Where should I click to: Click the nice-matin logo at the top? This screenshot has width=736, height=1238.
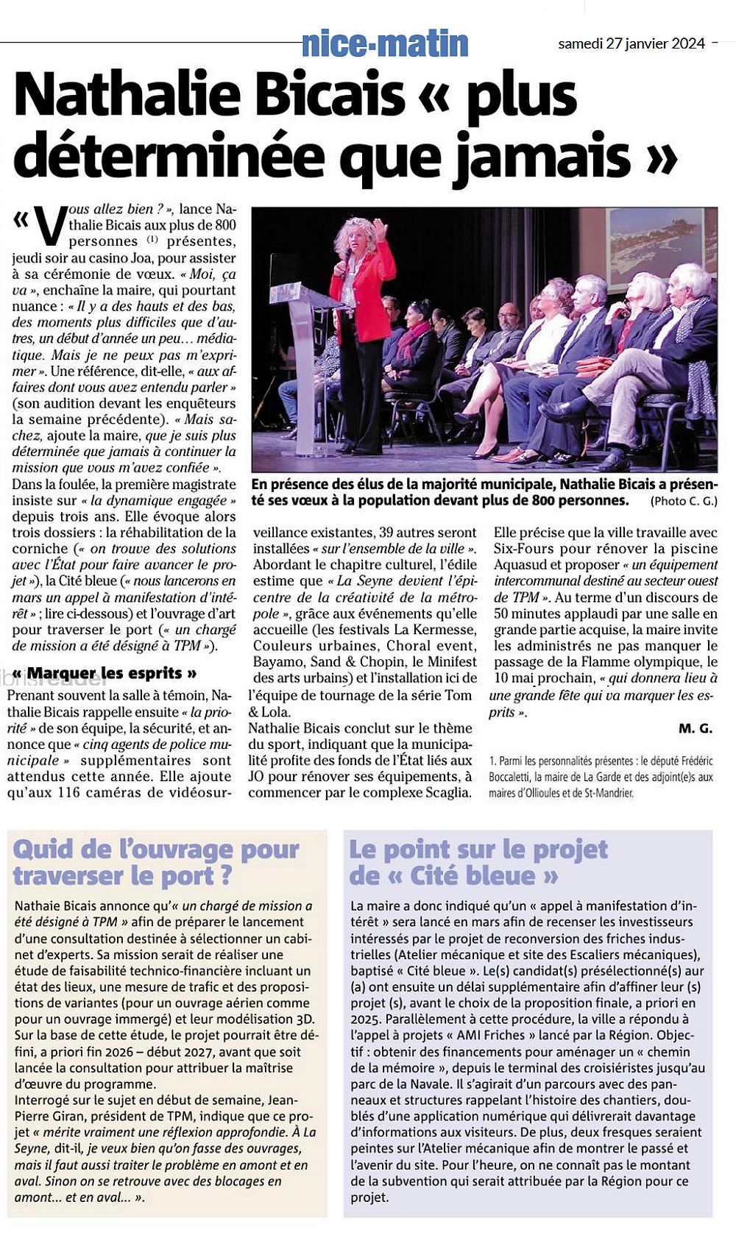point(385,44)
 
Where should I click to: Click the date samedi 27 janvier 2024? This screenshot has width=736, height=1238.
point(631,43)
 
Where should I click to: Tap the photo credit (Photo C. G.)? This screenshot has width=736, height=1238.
point(684,501)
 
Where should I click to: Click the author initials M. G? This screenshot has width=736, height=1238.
point(696,728)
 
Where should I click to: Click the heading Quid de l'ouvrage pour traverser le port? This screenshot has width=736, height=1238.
point(156,862)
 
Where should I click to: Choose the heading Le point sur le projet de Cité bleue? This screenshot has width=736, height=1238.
point(478,862)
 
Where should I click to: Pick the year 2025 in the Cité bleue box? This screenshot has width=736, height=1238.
point(366,1019)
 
